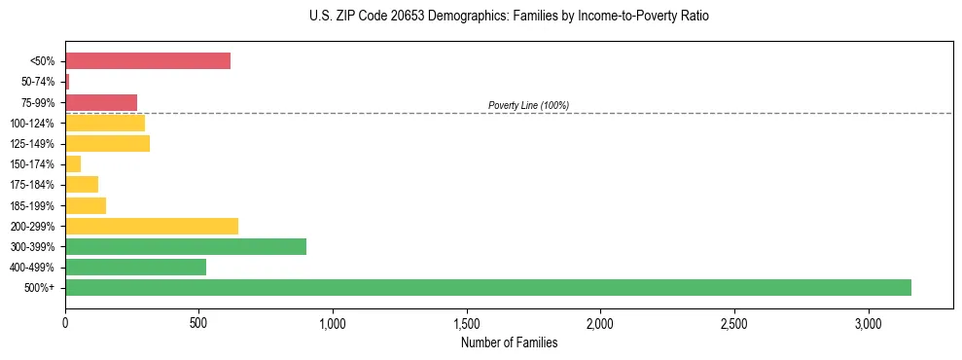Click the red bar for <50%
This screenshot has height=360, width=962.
pyautogui.click(x=148, y=61)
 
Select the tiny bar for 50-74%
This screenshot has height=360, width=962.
pyautogui.click(x=67, y=82)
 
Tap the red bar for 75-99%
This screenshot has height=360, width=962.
pyautogui.click(x=101, y=102)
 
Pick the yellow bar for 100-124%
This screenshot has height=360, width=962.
pyautogui.click(x=105, y=123)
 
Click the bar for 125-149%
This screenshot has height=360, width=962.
pyautogui.click(x=107, y=144)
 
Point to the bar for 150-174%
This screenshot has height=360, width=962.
pyautogui.click(x=73, y=164)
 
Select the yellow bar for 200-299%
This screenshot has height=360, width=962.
pyautogui.click(x=152, y=226)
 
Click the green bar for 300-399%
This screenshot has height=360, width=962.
pyautogui.click(x=186, y=246)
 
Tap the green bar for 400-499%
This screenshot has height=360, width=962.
pyautogui.click(x=135, y=267)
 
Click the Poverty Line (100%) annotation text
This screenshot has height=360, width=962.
pyautogui.click(x=528, y=105)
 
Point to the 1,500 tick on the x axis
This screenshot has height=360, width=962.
pyautogui.click(x=467, y=322)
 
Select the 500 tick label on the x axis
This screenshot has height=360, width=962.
pyautogui.click(x=199, y=322)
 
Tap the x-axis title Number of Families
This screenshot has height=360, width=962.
pyautogui.click(x=509, y=342)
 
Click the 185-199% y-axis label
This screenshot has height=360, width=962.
pyautogui.click(x=33, y=205)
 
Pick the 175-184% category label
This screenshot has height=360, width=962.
pyautogui.click(x=33, y=185)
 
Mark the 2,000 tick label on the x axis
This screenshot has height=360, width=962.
pyautogui.click(x=601, y=322)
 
